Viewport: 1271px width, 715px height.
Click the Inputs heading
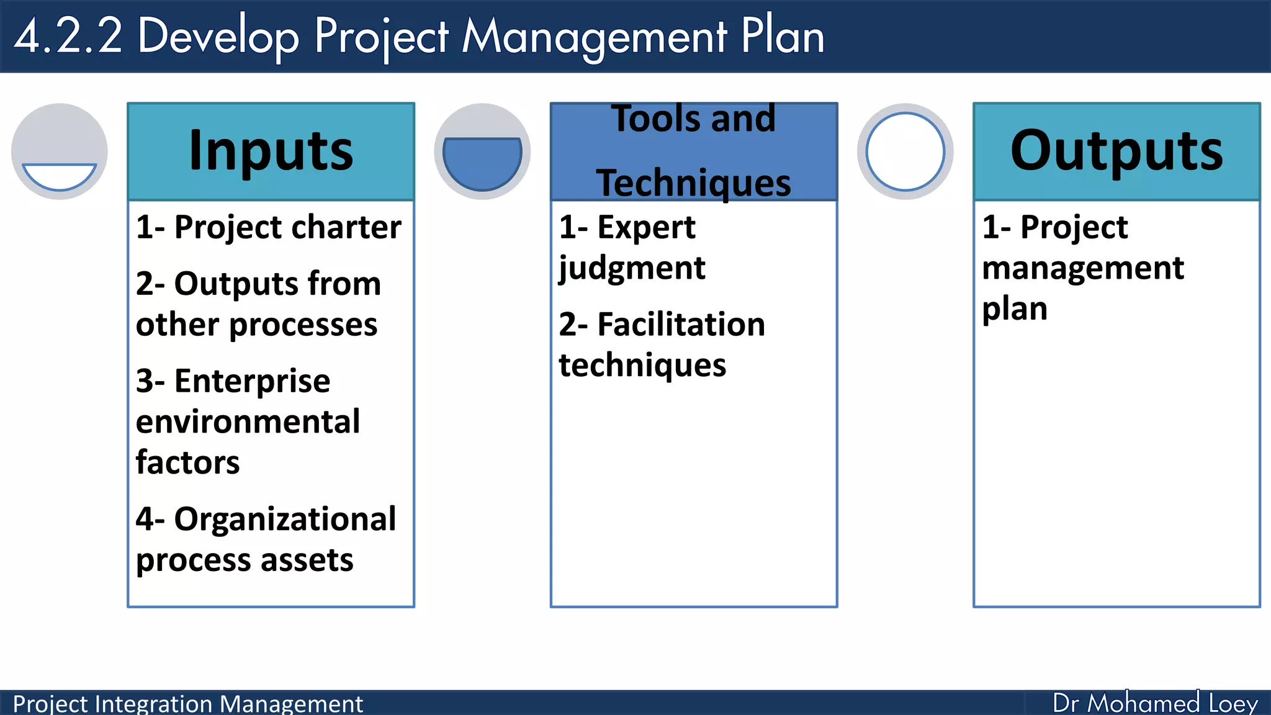pyautogui.click(x=271, y=151)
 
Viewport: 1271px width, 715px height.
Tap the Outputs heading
pyautogui.click(x=1116, y=151)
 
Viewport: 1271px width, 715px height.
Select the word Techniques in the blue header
pyautogui.click(x=693, y=183)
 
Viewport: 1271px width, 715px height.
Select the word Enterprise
pyautogui.click(x=252, y=380)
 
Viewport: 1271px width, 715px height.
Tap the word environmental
pyautogui.click(x=248, y=422)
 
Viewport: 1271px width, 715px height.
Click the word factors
pyautogui.click(x=187, y=462)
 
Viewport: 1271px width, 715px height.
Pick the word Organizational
pyautogui.click(x=285, y=519)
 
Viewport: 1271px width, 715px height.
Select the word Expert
pyautogui.click(x=646, y=227)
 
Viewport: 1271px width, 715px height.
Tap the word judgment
pyautogui.click(x=632, y=269)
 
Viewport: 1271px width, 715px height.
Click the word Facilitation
pyautogui.click(x=681, y=325)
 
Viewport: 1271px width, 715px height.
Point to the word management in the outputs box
pyautogui.click(x=1083, y=269)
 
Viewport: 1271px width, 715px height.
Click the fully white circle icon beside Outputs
pyautogui.click(x=905, y=151)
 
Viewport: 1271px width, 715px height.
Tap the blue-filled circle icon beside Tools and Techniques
pyautogui.click(x=482, y=151)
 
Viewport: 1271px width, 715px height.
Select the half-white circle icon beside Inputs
pyautogui.click(x=60, y=151)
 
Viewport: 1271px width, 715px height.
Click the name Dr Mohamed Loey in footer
pyautogui.click(x=1155, y=703)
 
